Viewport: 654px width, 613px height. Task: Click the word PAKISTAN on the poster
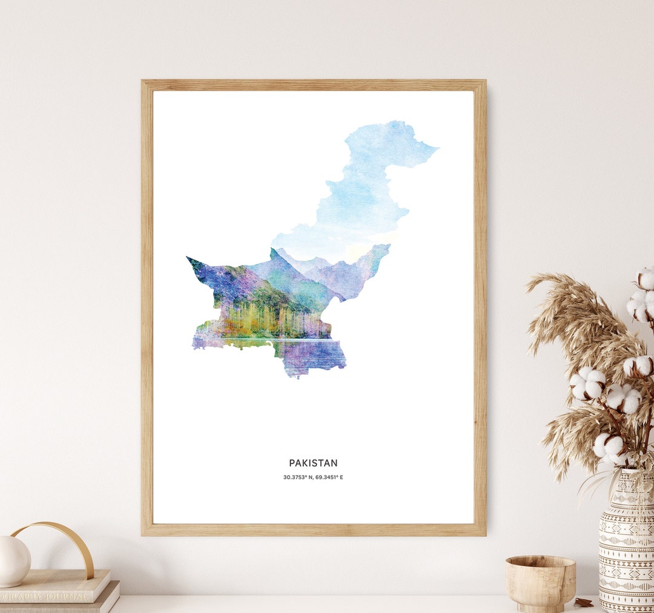click(313, 463)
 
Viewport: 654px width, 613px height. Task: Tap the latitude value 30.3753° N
click(297, 477)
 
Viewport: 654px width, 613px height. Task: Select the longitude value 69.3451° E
click(329, 477)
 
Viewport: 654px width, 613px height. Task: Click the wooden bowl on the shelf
click(540, 583)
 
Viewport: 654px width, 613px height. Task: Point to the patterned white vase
click(626, 544)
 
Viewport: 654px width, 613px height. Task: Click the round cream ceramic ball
click(13, 560)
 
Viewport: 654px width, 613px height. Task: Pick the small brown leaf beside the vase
click(584, 602)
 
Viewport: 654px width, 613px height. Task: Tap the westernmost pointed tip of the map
click(188, 258)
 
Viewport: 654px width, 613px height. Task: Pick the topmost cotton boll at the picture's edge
click(646, 278)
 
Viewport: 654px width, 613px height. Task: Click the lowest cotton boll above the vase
click(608, 447)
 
